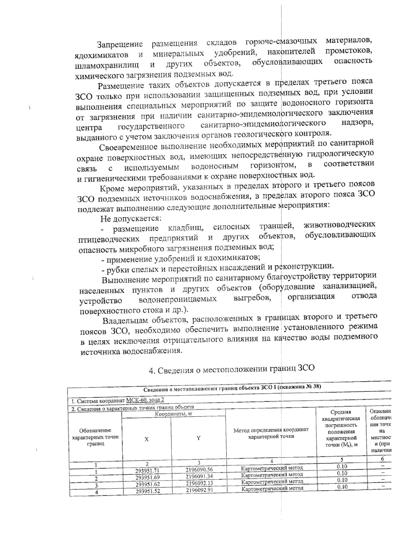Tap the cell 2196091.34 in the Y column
click(199, 477)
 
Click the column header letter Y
click(198, 438)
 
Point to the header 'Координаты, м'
click(173, 414)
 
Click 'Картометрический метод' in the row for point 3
click(272, 481)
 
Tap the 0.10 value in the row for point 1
click(342, 466)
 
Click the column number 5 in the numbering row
click(342, 460)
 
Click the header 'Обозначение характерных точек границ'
click(95, 437)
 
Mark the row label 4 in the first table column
click(96, 492)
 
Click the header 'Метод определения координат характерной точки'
click(271, 433)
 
